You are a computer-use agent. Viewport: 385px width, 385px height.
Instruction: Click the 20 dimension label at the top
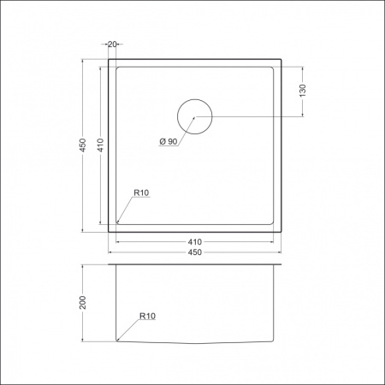pyautogui.click(x=112, y=44)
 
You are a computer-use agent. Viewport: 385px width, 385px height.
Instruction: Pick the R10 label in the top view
pyautogui.click(x=141, y=194)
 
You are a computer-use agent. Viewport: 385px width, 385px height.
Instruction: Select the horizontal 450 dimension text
pyautogui.click(x=195, y=252)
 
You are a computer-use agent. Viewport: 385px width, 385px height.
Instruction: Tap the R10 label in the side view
pyautogui.click(x=147, y=316)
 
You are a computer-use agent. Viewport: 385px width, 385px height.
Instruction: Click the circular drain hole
pyautogui.click(x=195, y=116)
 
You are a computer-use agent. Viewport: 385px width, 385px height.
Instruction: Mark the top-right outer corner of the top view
pyautogui.click(x=281, y=60)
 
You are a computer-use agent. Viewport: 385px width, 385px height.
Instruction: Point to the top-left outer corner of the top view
pyautogui.click(x=109, y=60)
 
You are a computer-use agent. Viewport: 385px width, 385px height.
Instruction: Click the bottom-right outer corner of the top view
pyautogui.click(x=281, y=232)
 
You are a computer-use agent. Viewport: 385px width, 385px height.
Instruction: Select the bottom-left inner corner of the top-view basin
pyautogui.click(x=117, y=224)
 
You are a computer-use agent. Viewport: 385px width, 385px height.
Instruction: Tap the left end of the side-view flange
pyautogui.click(x=110, y=265)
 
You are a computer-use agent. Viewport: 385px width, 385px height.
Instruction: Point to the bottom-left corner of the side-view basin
pyautogui.click(x=117, y=341)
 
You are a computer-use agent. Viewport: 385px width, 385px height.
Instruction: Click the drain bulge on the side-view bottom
pyautogui.click(x=195, y=344)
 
